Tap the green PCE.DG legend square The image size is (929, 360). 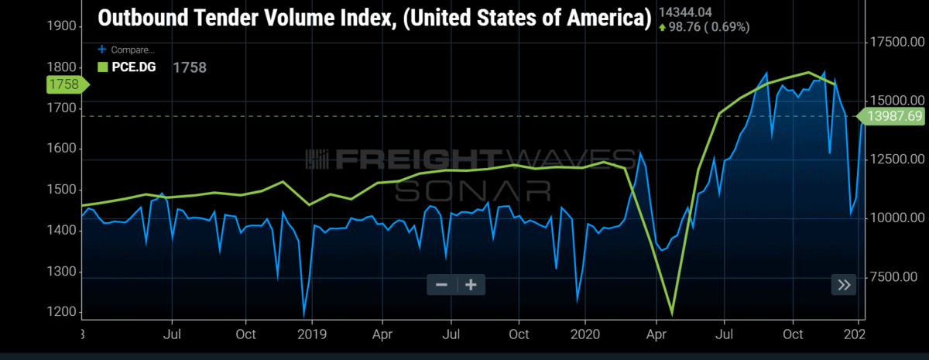[x=102, y=67]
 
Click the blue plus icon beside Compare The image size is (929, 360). [x=101, y=50]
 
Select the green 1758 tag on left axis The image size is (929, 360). [x=67, y=84]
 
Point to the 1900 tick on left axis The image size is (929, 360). [x=62, y=26]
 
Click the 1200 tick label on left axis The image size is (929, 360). [x=62, y=312]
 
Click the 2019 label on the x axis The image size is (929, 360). [x=312, y=334]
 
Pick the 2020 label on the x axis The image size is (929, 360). [x=584, y=334]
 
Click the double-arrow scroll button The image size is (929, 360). [x=844, y=285]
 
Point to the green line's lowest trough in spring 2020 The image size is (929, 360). [x=672, y=315]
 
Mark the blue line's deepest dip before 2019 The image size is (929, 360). [x=304, y=316]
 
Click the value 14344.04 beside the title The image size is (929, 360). [x=685, y=12]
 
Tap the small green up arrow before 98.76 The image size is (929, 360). [x=663, y=28]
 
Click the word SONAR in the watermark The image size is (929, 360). [x=472, y=191]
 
